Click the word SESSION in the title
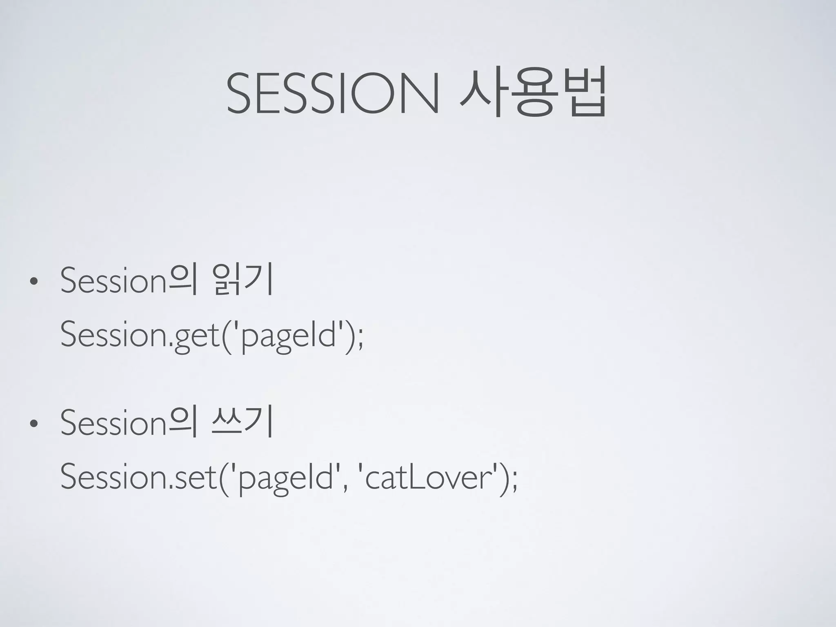point(333,93)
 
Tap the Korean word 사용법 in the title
point(532,93)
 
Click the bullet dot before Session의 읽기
point(33,282)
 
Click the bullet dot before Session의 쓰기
point(33,424)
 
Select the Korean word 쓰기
point(241,423)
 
